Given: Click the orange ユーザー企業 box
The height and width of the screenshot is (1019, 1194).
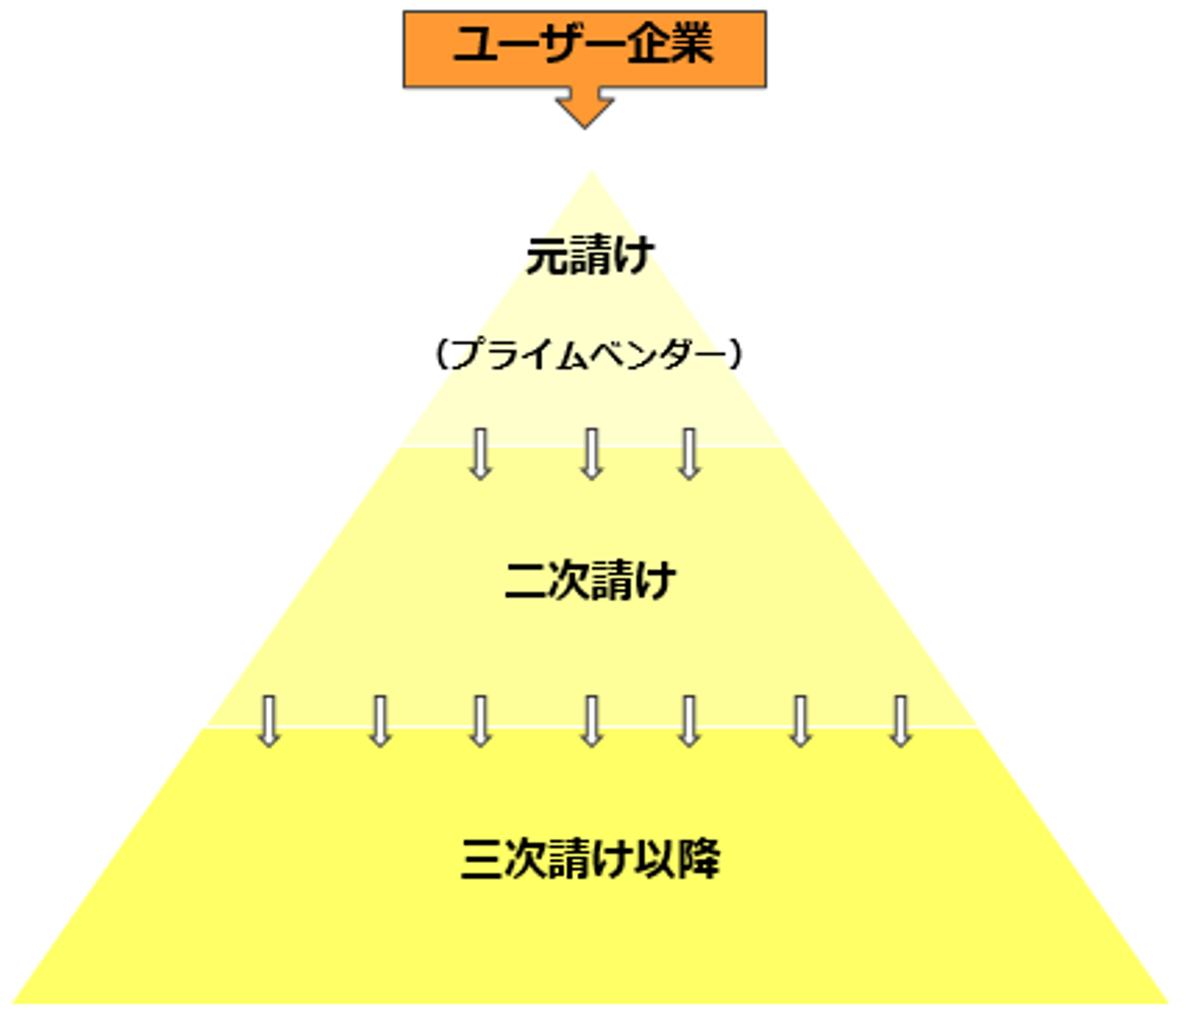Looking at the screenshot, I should [x=585, y=48].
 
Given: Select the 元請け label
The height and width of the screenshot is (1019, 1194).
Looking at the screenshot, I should [x=590, y=255].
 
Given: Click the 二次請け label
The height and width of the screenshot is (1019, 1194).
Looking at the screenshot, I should [x=590, y=580].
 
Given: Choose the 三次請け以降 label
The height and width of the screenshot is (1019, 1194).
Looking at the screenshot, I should [x=590, y=859].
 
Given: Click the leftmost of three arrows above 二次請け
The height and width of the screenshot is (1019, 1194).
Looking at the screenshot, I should [x=480, y=454].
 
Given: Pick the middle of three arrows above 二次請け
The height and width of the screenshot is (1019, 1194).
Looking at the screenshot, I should [x=591, y=454].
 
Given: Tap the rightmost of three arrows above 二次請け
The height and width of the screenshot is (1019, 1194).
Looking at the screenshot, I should [x=689, y=454].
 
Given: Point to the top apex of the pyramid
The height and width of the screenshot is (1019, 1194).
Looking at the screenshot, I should [x=591, y=176].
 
